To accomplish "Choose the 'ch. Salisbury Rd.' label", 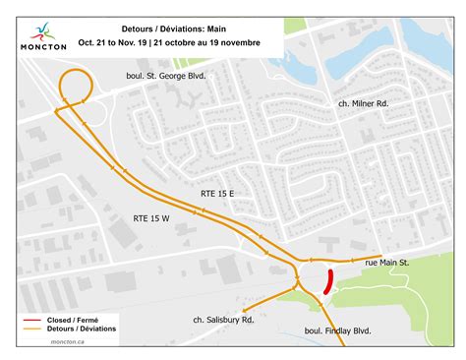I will click(x=224, y=320).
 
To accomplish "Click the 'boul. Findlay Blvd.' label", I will click(x=338, y=332).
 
